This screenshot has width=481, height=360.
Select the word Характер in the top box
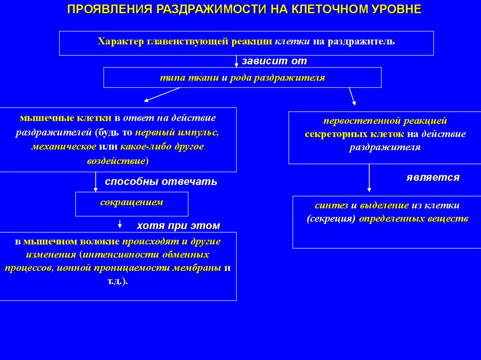(121, 41)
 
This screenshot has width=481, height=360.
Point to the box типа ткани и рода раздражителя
(242, 77)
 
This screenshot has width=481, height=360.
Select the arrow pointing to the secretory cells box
(352, 96)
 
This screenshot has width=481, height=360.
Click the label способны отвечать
(161, 182)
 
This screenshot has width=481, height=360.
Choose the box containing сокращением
(132, 204)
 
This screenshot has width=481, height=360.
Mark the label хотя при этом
(178, 226)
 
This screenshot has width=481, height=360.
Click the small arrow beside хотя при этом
(120, 224)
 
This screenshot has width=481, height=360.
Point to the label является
(433, 177)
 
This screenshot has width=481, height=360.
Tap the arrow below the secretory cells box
(369, 178)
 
